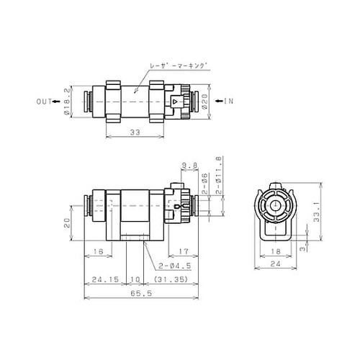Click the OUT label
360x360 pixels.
(x=44, y=101)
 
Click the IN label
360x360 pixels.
(x=230, y=101)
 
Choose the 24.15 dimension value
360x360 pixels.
(x=104, y=279)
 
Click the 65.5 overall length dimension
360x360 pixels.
(x=137, y=293)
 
